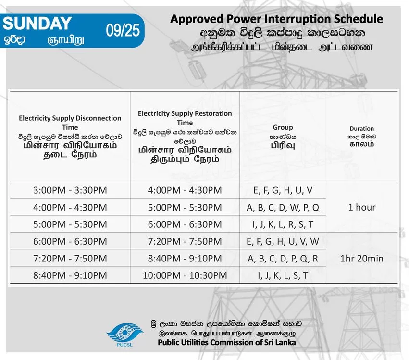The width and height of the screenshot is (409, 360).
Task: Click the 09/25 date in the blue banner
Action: click(x=123, y=30)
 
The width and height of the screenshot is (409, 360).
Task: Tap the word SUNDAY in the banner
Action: click(x=37, y=23)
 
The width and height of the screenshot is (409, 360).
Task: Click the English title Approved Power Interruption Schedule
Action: click(x=276, y=19)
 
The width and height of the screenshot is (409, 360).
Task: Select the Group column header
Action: click(x=283, y=127)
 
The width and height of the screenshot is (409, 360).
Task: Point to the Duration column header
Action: click(x=361, y=129)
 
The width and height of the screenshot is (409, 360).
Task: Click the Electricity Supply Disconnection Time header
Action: click(x=70, y=123)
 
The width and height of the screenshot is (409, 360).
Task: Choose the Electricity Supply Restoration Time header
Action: click(x=185, y=118)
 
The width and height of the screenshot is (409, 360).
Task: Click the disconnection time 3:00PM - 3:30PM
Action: click(x=70, y=190)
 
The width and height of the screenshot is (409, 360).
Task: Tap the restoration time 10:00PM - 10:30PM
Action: click(x=185, y=275)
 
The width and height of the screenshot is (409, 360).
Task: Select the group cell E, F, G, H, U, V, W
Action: click(x=283, y=242)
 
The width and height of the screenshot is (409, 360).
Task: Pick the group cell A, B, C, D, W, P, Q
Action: click(x=283, y=208)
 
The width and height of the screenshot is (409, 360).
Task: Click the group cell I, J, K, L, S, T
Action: click(x=283, y=275)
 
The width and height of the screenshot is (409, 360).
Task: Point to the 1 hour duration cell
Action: click(x=362, y=207)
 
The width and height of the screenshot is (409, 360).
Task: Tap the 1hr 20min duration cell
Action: click(x=362, y=259)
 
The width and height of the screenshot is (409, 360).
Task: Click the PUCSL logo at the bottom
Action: click(x=124, y=335)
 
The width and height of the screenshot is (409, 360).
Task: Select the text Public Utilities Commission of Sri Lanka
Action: click(x=227, y=342)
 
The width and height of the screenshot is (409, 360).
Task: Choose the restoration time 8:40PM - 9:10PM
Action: click(x=185, y=259)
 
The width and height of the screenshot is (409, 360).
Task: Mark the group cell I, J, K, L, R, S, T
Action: click(x=283, y=224)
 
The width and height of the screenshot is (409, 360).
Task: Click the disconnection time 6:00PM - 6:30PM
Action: click(x=70, y=242)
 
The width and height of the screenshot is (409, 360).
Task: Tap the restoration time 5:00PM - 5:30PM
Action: click(x=185, y=208)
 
